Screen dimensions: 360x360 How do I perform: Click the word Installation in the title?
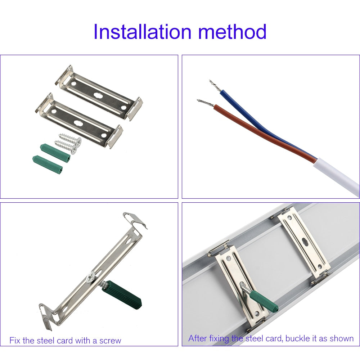tap(142, 31)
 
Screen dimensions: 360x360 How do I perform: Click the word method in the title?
tap(232, 31)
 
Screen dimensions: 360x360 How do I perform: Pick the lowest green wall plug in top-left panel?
tap(48, 165)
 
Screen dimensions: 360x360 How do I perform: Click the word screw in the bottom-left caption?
tap(110, 341)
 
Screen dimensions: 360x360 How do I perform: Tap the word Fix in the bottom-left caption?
tap(15, 340)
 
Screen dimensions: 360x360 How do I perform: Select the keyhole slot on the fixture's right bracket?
tap(305, 242)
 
